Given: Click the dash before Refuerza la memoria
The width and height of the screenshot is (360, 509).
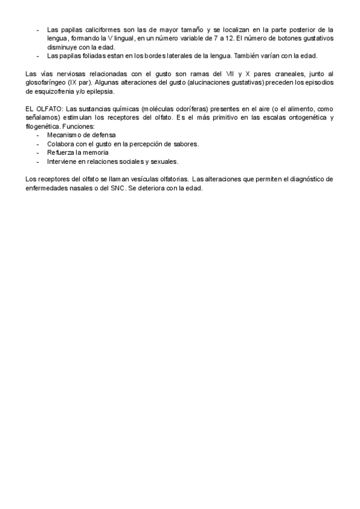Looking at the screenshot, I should point(38,153).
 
